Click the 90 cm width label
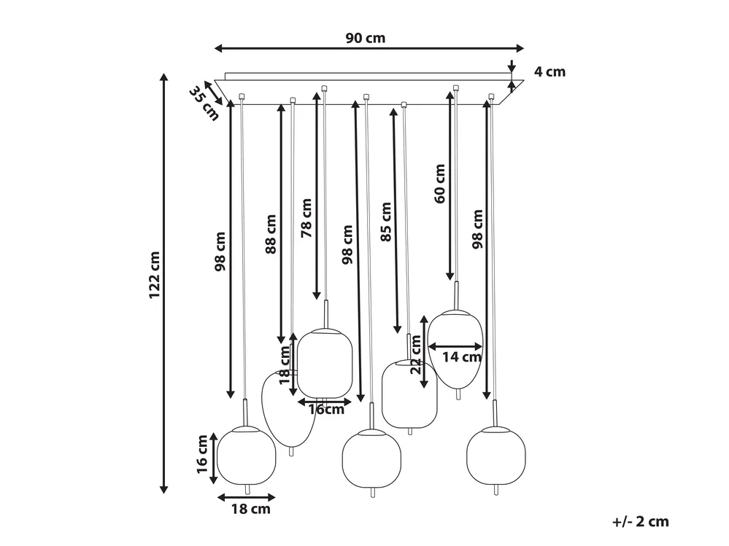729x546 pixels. pos(366,38)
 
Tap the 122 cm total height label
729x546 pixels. pos(155,276)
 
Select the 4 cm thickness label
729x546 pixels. pos(550,71)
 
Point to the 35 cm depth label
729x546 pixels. pos(204,104)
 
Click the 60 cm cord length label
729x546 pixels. pos(440,184)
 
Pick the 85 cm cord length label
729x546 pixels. pos(386,222)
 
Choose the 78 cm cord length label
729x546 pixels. pos(306,218)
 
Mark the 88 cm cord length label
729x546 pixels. pos(271,234)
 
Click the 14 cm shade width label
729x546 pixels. pos(461,357)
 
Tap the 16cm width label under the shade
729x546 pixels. pos(326,410)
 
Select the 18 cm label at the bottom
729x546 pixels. pos(251,509)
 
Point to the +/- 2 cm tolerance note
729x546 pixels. pos(641,521)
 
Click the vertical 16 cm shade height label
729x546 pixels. pos(202,454)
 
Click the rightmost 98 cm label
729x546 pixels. pos(477,229)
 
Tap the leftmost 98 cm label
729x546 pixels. pos(220,251)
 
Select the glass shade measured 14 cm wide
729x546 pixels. pos(455,348)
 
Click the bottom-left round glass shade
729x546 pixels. pos(247,456)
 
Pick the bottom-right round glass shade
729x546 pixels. pos(496,456)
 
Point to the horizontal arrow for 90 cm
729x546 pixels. pos(369,48)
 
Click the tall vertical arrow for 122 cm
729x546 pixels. pos(163,284)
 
